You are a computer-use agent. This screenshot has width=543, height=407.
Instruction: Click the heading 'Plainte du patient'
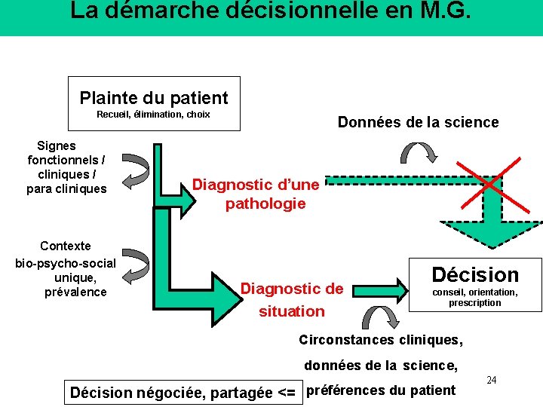click(154, 98)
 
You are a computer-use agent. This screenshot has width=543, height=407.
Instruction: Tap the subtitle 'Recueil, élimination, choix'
click(153, 115)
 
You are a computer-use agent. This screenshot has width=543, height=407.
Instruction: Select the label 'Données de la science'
click(418, 122)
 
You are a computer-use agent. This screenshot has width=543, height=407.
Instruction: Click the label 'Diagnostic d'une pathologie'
click(256, 194)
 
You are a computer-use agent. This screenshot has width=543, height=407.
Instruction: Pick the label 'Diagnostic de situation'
click(291, 299)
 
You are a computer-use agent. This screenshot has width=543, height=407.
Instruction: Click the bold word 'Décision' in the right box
click(475, 275)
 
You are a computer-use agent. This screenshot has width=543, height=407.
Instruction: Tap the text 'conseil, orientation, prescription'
click(474, 298)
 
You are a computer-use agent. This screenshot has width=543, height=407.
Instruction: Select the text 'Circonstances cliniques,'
click(381, 340)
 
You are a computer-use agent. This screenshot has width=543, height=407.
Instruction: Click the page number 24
click(491, 380)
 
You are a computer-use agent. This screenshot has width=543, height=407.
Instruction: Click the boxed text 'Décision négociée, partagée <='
click(182, 392)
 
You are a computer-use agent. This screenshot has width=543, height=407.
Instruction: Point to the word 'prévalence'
click(75, 292)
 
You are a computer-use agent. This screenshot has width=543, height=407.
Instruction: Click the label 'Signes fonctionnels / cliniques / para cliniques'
click(66, 167)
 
